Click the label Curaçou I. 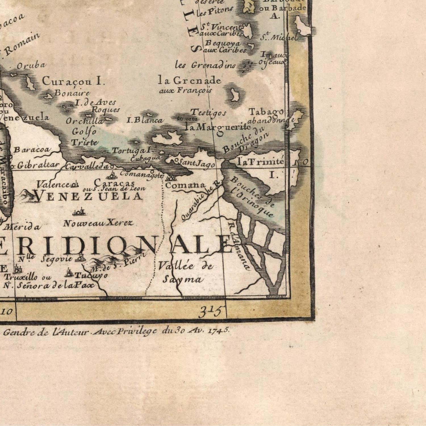click(74, 81)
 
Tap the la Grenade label click(189, 81)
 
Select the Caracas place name click(114, 182)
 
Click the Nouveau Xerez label click(98, 223)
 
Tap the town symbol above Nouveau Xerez click(80, 212)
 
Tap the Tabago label click(266, 112)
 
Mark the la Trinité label click(260, 162)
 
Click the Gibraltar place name click(38, 165)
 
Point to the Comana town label click(185, 185)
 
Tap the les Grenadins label click(205, 65)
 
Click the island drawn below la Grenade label click(235, 95)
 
